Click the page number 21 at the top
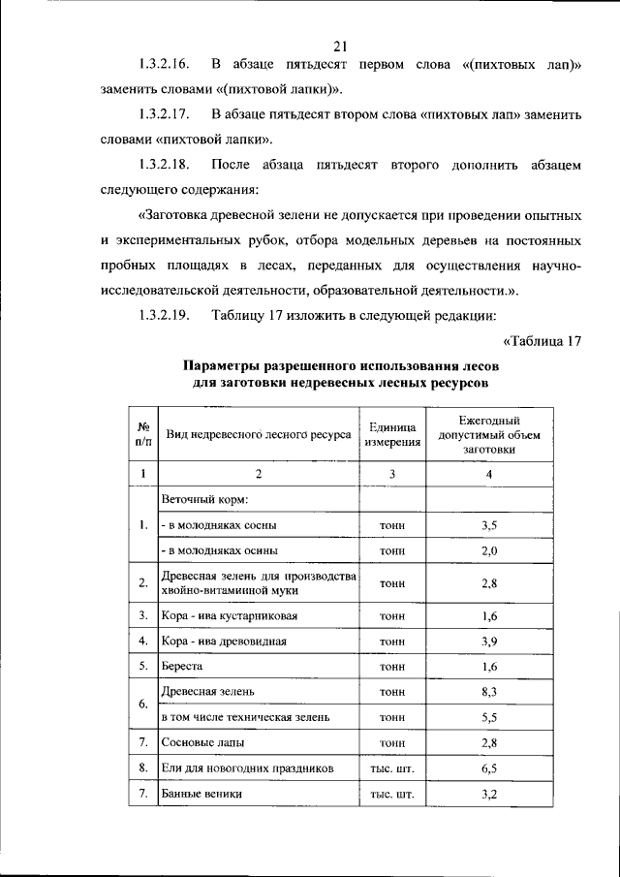tap(339, 45)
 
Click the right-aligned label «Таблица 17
tap(542, 340)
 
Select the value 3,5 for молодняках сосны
tap(488, 525)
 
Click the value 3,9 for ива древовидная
tap(488, 642)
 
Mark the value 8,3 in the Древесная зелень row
tap(488, 692)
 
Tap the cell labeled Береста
tap(183, 667)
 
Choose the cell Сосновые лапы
tap(202, 742)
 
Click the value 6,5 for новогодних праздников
tap(488, 767)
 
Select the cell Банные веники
tap(201, 793)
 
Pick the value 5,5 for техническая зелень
tap(488, 717)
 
